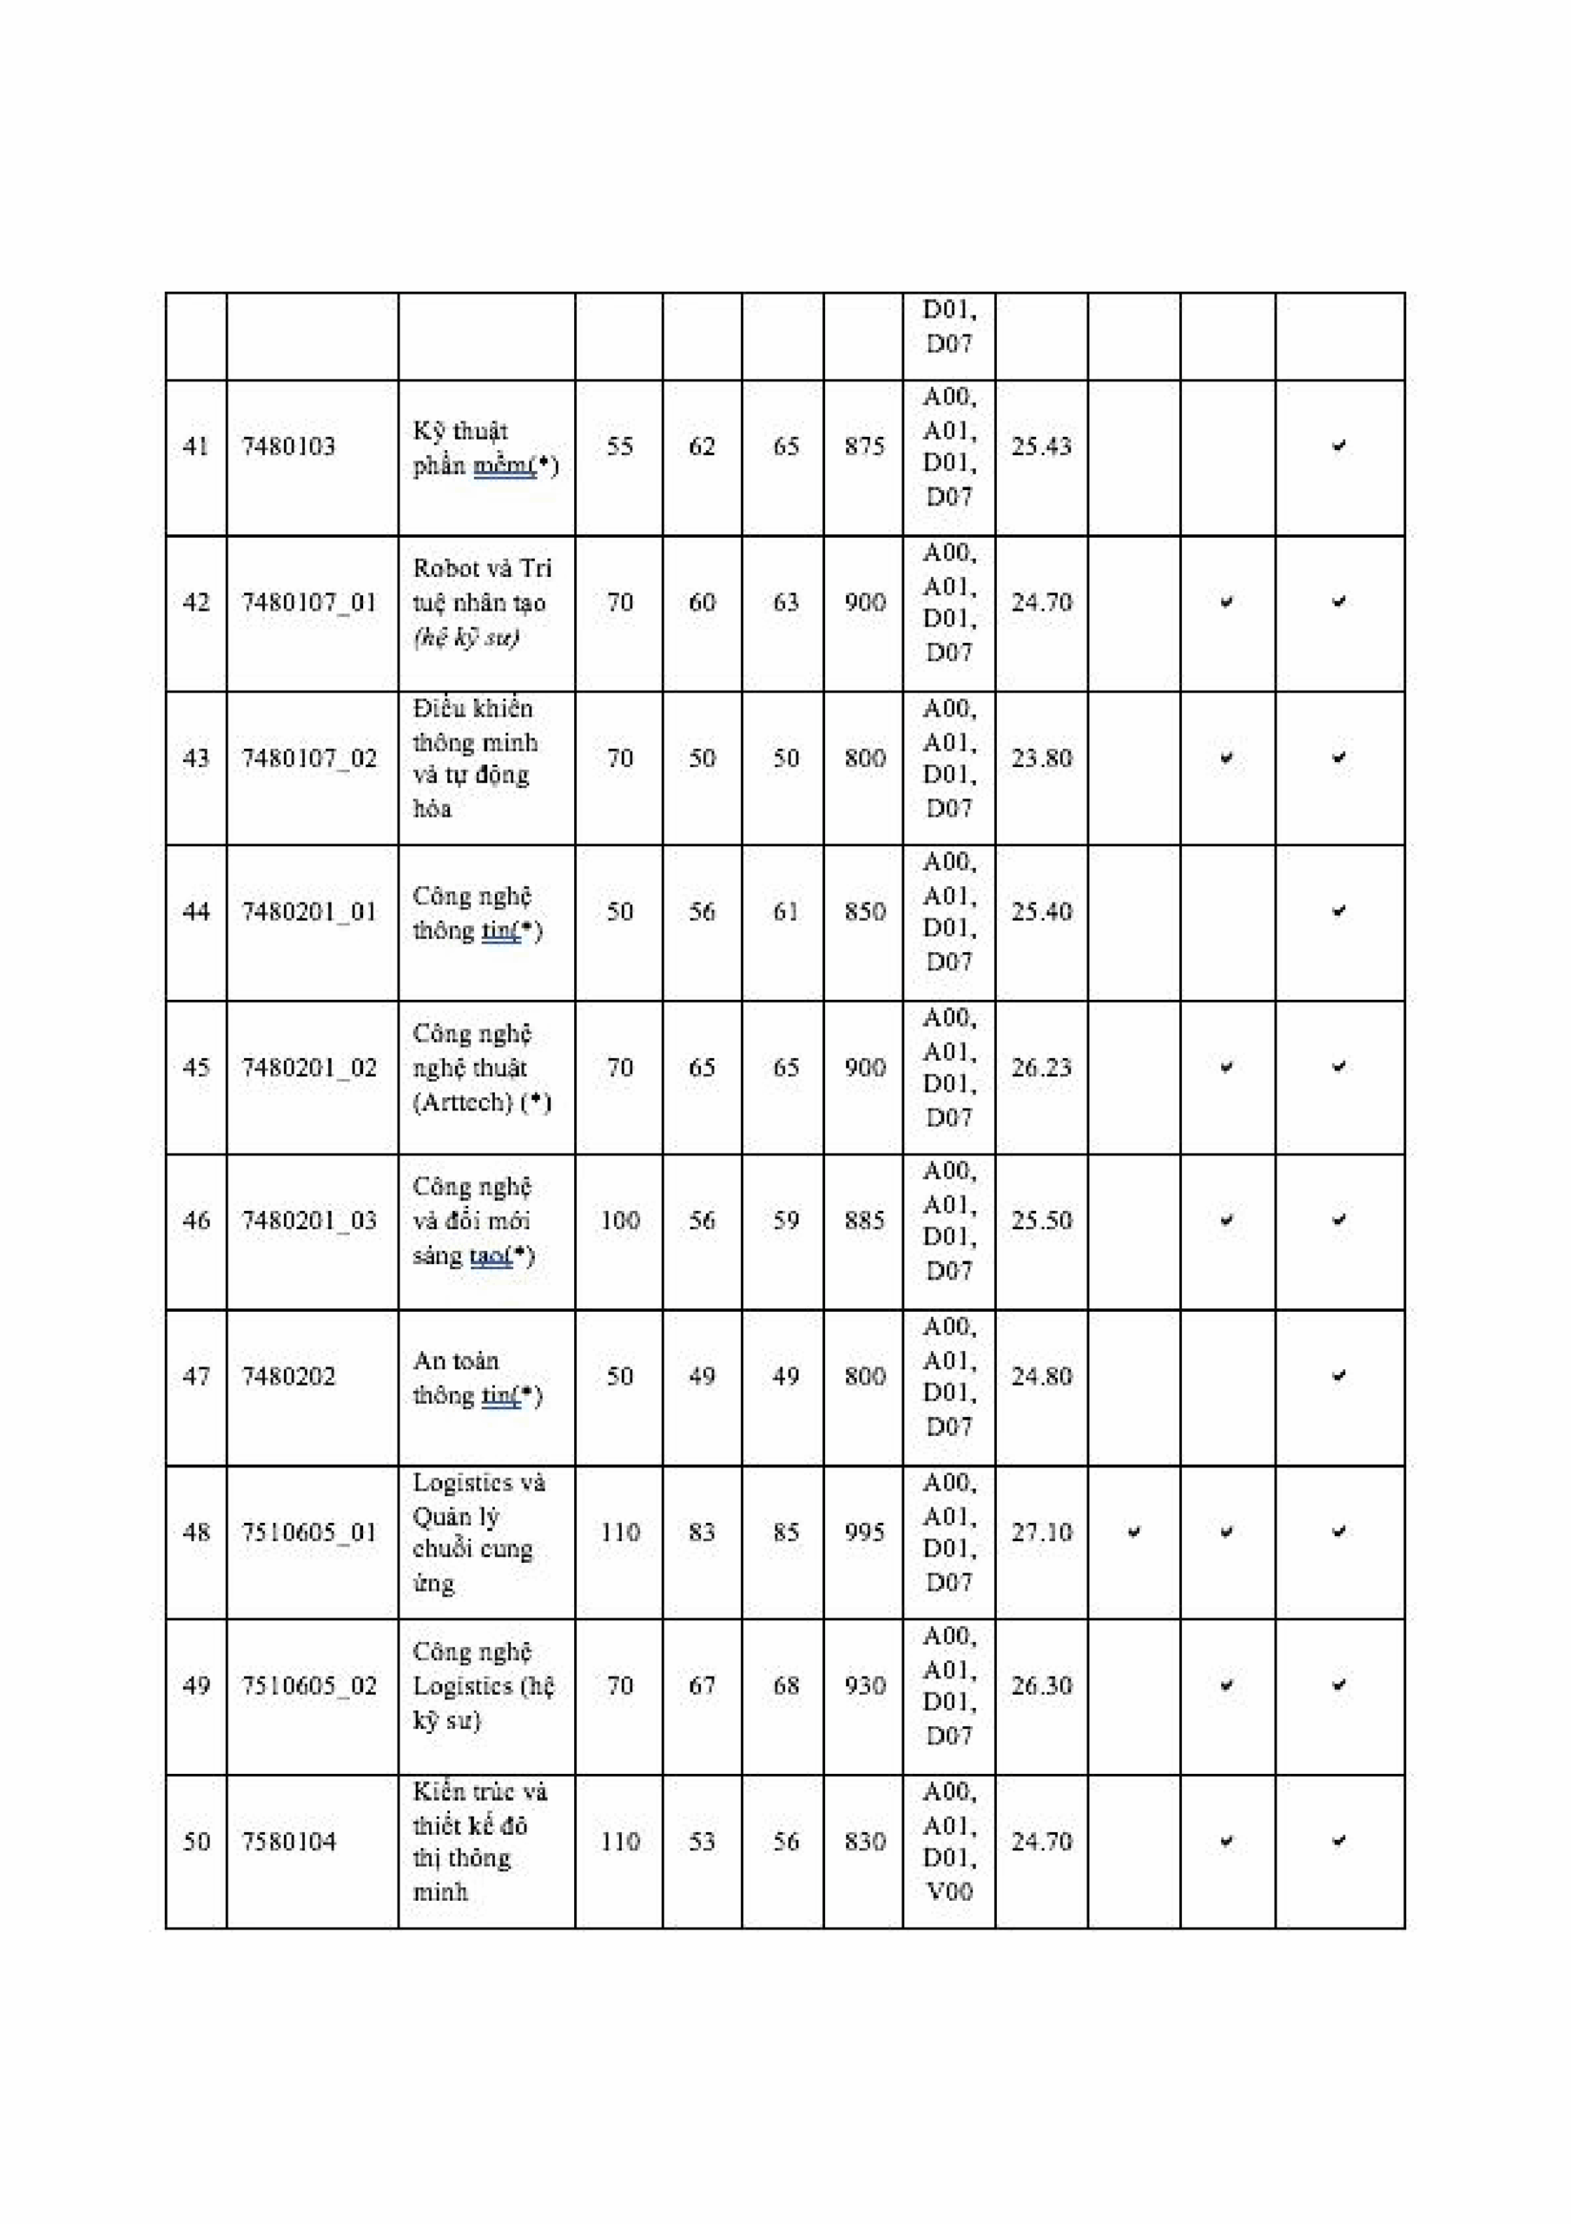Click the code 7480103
(287, 447)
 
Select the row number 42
(195, 603)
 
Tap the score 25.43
(1040, 447)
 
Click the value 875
(863, 447)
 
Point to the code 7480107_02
(309, 758)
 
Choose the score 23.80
(1040, 758)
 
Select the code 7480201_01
(309, 911)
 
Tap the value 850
(863, 911)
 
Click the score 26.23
(1040, 1068)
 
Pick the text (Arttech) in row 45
(462, 1102)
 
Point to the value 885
(863, 1221)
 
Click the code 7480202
(287, 1376)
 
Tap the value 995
(863, 1532)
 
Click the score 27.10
(1040, 1532)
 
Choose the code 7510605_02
(309, 1686)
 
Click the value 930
(863, 1686)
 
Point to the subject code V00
(948, 1892)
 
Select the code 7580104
(287, 1842)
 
